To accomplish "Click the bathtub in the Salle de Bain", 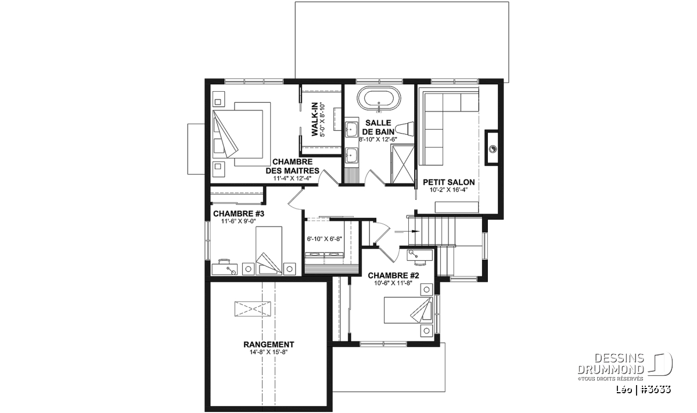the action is point(379,99).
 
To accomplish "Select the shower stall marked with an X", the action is point(403,164).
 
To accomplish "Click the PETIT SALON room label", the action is point(448,182).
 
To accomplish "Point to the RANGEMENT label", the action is point(268,344).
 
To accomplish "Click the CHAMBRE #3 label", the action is point(239,214).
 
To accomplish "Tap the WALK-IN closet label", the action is point(315,119).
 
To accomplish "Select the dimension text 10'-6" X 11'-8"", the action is point(393,283).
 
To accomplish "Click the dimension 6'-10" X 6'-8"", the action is point(324,239).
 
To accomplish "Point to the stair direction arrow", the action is point(407,232).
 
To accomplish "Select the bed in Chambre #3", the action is point(269,250).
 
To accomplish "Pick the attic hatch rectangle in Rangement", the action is point(253,308).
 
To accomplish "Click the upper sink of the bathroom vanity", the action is point(351,128).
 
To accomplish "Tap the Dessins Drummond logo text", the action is point(611,364).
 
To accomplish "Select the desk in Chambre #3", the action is point(225,269).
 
